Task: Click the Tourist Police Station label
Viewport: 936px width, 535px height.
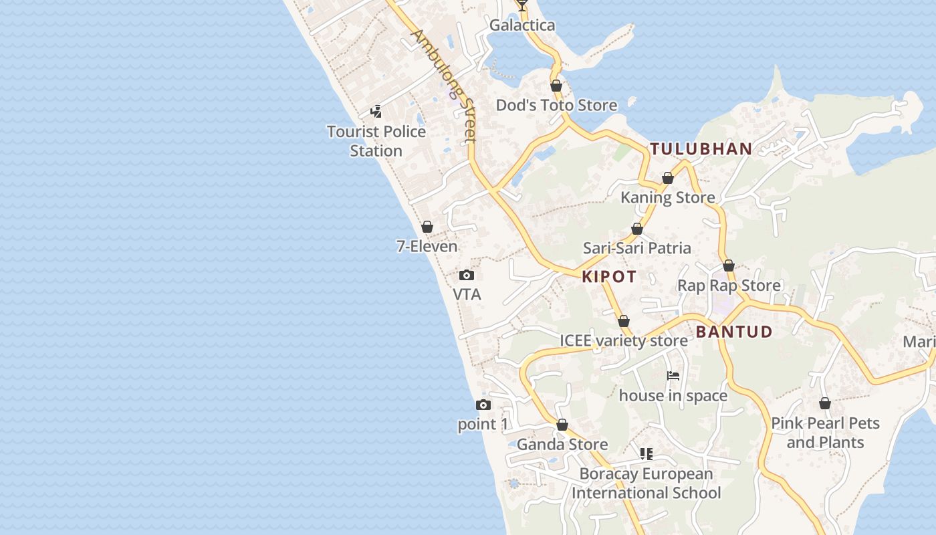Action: pyautogui.click(x=376, y=141)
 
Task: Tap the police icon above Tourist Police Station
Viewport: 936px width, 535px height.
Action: pyautogui.click(x=376, y=112)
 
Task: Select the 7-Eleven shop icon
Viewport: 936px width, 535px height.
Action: pyautogui.click(x=427, y=227)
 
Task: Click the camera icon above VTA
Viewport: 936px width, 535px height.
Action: pyautogui.click(x=467, y=275)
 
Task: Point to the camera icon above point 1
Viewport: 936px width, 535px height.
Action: pyautogui.click(x=483, y=405)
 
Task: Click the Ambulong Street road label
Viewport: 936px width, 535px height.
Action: pyautogui.click(x=443, y=86)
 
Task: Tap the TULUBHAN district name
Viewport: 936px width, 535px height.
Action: pyautogui.click(x=701, y=149)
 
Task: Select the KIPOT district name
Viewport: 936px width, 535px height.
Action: pyautogui.click(x=609, y=277)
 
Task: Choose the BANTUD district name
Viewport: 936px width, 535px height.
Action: pyautogui.click(x=734, y=332)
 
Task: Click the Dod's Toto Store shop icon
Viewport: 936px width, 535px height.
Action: pyautogui.click(x=556, y=86)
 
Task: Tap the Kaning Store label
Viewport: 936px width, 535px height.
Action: pyautogui.click(x=667, y=197)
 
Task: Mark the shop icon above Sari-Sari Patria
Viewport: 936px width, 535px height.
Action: pyautogui.click(x=637, y=229)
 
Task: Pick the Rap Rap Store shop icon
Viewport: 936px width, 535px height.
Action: pyautogui.click(x=729, y=266)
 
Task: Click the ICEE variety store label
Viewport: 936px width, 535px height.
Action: pyautogui.click(x=623, y=340)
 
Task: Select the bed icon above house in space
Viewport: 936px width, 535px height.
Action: pyautogui.click(x=673, y=376)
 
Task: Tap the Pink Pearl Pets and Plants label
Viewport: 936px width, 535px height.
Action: pyautogui.click(x=825, y=433)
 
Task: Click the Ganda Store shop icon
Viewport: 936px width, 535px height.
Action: pyautogui.click(x=562, y=425)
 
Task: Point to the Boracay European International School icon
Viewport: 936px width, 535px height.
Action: pyautogui.click(x=646, y=455)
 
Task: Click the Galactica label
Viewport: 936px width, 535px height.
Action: pyautogui.click(x=522, y=25)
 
